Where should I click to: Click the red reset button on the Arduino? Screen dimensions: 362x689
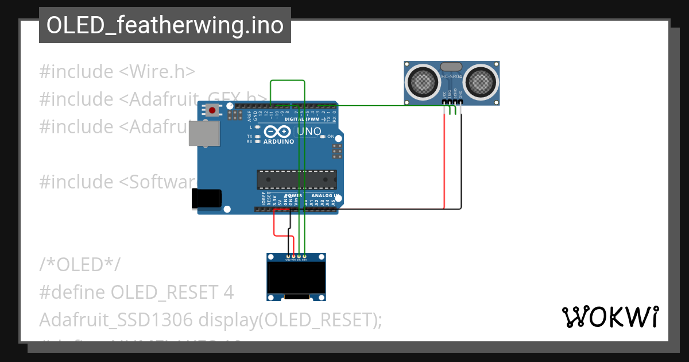pos(212,110)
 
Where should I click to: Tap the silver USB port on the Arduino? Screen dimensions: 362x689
pos(204,133)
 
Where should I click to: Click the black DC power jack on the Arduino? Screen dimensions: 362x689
pos(206,198)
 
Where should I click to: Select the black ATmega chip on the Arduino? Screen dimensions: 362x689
pos(295,179)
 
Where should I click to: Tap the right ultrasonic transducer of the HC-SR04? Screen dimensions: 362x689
pos(480,81)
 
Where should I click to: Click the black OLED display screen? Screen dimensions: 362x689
pos(296,278)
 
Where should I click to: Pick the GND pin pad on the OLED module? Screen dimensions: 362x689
pos(288,256)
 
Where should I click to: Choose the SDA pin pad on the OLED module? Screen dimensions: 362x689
pos(304,256)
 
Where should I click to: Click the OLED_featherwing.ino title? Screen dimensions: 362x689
pos(165,25)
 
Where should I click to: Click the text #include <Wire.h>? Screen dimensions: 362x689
pos(117,72)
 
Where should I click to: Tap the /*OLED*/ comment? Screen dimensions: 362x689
pos(80,265)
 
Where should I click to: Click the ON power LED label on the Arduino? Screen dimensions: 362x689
pos(330,136)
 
